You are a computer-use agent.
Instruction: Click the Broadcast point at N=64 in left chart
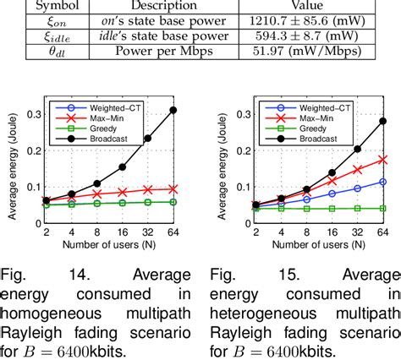tap(173, 110)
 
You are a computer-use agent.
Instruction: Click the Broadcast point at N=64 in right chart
tap(382, 121)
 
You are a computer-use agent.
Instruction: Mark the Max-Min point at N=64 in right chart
tap(382, 158)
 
